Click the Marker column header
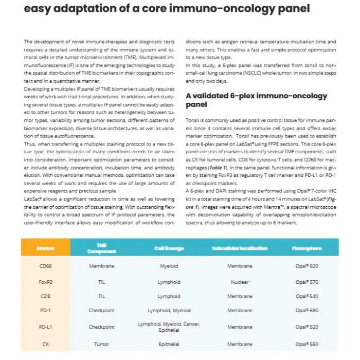tap(45, 248)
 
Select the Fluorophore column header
tap(307, 248)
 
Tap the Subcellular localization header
tap(240, 248)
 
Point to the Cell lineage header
tap(169, 248)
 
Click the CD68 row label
tap(45, 266)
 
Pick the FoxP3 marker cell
tap(45, 282)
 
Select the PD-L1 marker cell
tap(45, 327)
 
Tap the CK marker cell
tap(45, 344)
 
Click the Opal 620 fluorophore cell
tap(307, 266)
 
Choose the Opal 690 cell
tap(307, 311)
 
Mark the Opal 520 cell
tap(307, 327)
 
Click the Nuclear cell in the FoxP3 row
tap(240, 282)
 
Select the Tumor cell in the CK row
tap(101, 344)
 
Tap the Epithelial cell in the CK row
tap(169, 344)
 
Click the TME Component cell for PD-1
tap(101, 311)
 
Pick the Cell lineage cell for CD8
tap(169, 297)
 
